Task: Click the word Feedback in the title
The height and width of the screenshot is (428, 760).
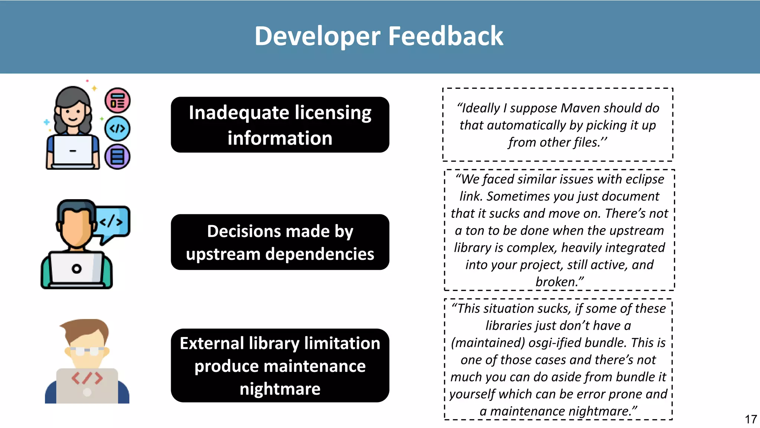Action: point(445,36)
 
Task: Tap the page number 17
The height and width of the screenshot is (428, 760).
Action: point(750,419)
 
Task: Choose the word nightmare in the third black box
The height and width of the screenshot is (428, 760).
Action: point(280,389)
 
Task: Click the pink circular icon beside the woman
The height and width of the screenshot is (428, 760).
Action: point(118,101)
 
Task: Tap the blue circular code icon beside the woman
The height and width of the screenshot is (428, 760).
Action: point(117,129)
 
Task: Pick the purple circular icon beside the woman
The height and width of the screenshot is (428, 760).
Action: point(117,156)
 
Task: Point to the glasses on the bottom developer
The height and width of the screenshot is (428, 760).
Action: point(87,350)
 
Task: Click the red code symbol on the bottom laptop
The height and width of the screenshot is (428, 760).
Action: point(87,378)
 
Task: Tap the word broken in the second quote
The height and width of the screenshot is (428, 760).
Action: point(557,282)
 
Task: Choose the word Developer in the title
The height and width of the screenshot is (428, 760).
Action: point(317,36)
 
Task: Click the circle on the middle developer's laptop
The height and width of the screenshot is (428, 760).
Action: point(76,269)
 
